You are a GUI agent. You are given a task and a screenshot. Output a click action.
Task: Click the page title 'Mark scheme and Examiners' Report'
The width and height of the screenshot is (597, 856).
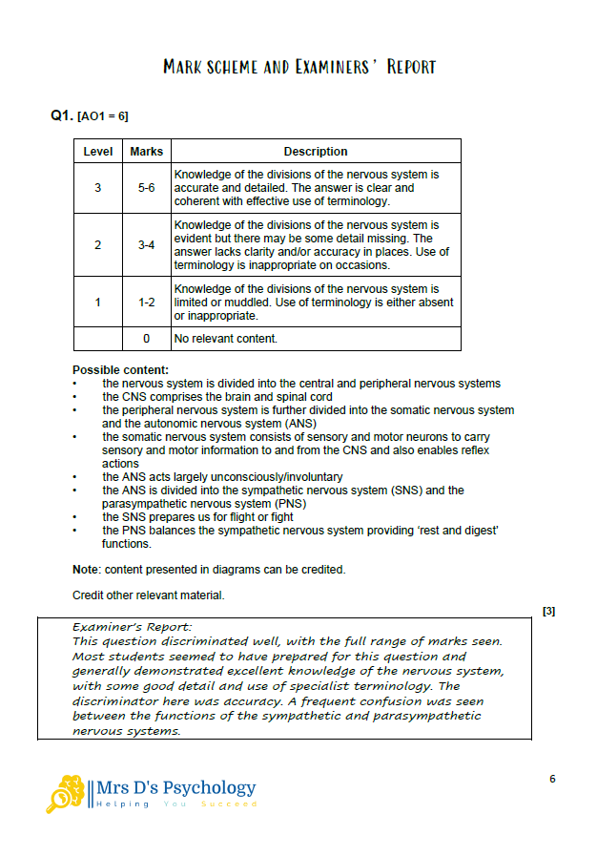(298, 67)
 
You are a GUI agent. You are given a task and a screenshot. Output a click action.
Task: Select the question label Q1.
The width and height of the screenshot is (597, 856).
(61, 115)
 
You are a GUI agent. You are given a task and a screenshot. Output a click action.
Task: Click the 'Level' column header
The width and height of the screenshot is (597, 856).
(98, 152)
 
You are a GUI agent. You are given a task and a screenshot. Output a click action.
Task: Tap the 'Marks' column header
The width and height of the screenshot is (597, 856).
(146, 152)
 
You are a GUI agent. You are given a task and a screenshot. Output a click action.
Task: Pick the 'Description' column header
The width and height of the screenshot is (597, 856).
(316, 152)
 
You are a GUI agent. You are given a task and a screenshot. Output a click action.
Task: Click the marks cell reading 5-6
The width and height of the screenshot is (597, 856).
(146, 188)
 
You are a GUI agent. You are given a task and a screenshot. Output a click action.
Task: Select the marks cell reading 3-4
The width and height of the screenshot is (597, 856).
(146, 245)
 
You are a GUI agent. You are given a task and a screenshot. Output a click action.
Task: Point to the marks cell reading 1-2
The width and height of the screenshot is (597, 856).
(146, 303)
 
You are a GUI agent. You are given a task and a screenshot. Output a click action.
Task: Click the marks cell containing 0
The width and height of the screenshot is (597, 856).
(146, 339)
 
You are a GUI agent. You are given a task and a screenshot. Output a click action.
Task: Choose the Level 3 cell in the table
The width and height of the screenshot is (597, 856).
(98, 188)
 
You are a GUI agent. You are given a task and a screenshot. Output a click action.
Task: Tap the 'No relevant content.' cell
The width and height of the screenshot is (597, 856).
(226, 339)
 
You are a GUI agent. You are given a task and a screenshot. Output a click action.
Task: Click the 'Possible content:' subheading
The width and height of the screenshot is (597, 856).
(120, 370)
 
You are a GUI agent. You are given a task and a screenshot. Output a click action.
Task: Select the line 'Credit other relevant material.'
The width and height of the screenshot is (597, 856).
(149, 595)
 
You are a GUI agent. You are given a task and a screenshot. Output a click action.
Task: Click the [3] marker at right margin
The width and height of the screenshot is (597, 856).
(548, 611)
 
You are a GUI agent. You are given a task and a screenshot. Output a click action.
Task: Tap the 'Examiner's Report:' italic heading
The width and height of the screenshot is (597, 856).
(133, 627)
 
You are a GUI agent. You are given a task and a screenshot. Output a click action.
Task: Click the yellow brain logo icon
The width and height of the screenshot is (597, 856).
(67, 792)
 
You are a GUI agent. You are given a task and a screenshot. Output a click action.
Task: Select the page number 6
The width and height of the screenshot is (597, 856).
(552, 779)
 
